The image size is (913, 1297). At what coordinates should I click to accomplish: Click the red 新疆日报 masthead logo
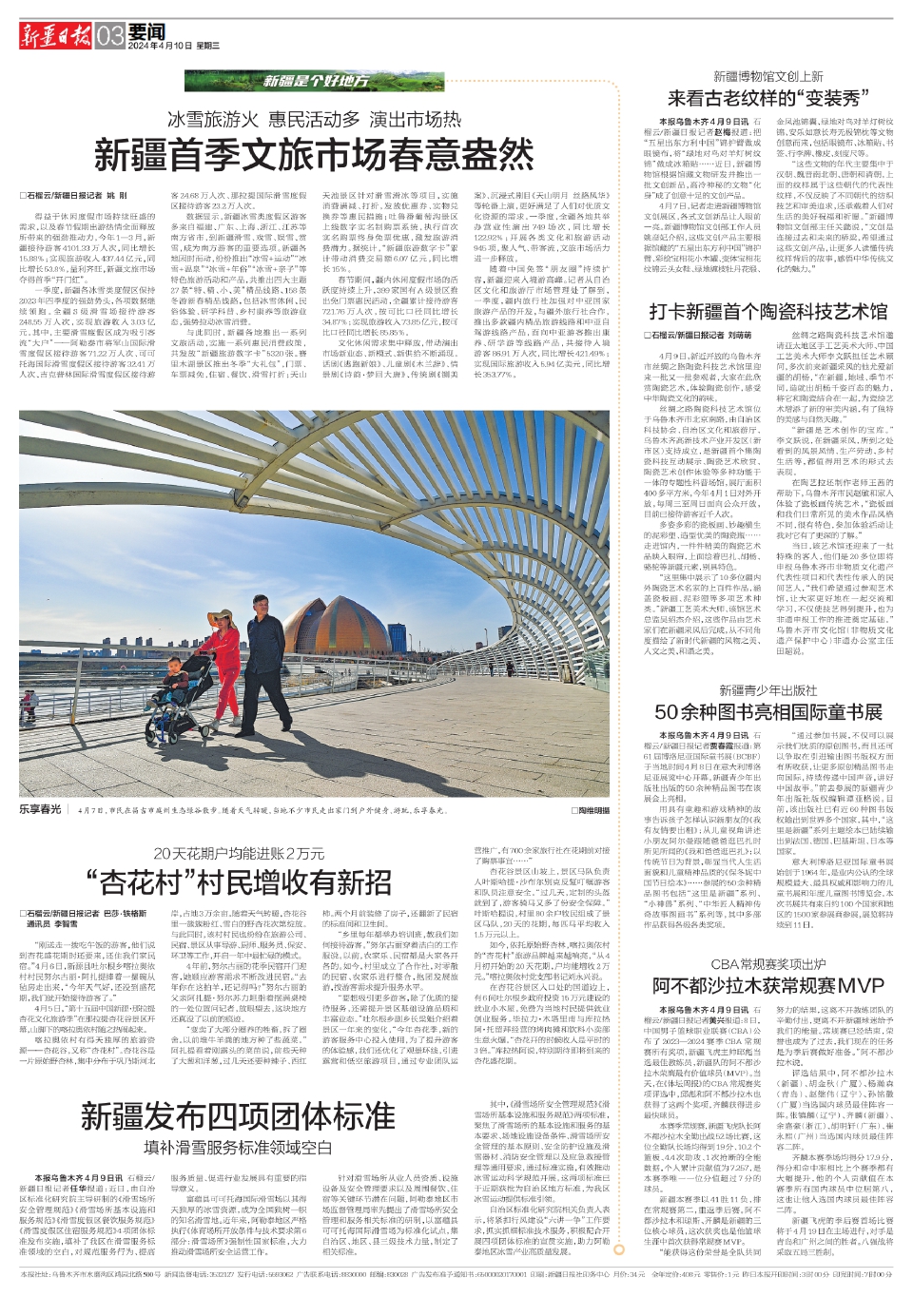coord(56,36)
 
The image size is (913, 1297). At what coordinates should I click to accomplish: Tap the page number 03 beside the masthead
coord(110,36)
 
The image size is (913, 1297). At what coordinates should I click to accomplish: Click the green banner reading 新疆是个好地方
coord(315,82)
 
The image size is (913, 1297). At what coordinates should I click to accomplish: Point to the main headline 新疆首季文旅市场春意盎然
coord(314,154)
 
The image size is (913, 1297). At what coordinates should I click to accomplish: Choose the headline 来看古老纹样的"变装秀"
coord(764,98)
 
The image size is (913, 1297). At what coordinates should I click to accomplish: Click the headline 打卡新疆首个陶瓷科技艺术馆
coord(767,311)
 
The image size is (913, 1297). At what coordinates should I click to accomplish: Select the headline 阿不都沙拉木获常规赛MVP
coord(767,985)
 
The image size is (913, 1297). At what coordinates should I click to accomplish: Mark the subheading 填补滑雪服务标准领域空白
coord(238,1148)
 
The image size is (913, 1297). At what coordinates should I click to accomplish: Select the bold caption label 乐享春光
coord(40,809)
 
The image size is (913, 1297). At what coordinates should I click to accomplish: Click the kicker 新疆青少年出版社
coord(767,690)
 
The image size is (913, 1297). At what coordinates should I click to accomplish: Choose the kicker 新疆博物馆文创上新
coord(768,77)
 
